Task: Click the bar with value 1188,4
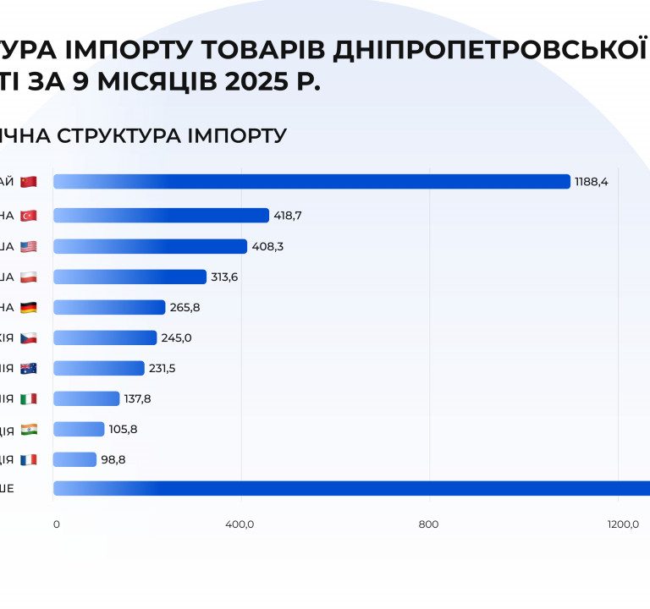(x=311, y=182)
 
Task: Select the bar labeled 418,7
(x=161, y=216)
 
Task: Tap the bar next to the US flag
(x=150, y=246)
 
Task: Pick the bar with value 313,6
(x=129, y=277)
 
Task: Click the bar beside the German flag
(x=109, y=307)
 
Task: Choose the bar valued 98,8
(x=74, y=459)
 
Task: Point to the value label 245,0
(x=176, y=337)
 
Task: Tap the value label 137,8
(x=137, y=398)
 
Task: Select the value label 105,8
(x=123, y=429)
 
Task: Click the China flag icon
(x=29, y=182)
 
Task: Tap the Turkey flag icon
(x=29, y=216)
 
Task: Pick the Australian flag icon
(x=29, y=368)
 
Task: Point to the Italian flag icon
(x=29, y=398)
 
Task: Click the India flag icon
(x=29, y=429)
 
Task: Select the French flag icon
(x=29, y=459)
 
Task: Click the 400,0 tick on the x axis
(x=240, y=524)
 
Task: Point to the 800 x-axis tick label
(x=429, y=524)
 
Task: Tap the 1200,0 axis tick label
(x=622, y=524)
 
